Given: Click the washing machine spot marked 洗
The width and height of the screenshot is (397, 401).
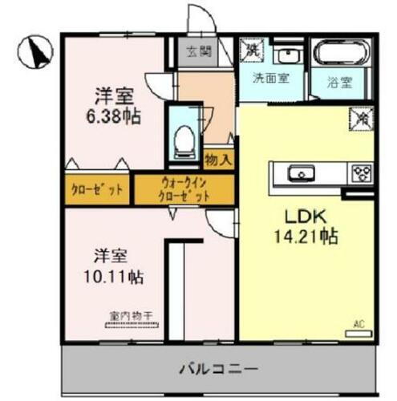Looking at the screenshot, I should tap(253, 49).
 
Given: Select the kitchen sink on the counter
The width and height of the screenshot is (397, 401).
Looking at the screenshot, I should tap(302, 172).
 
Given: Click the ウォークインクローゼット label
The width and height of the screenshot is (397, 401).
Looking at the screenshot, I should tap(185, 188).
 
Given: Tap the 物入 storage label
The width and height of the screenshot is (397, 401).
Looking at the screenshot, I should tap(219, 159).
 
